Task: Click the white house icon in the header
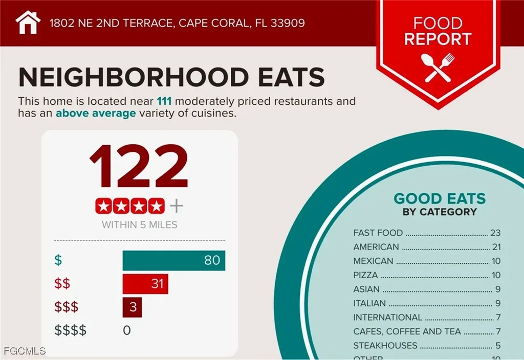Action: [28, 22]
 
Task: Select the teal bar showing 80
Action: [173, 260]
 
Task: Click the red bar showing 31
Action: [145, 283]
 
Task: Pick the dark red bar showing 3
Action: [132, 307]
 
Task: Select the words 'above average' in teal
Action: [96, 113]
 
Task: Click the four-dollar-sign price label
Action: [71, 330]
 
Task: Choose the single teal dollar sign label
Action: [58, 260]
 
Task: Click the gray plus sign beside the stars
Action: [176, 206]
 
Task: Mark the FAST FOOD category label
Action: [378, 233]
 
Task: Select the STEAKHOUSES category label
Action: [385, 345]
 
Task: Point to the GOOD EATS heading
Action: [440, 198]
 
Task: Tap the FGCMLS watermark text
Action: [24, 351]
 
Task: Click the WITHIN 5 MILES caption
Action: [139, 224]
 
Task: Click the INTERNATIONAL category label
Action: [387, 317]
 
